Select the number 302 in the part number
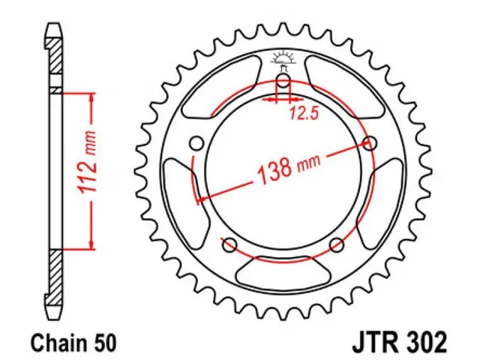click(427, 343)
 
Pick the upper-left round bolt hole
click(197, 142)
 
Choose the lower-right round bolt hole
click(337, 244)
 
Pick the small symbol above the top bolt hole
click(283, 57)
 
